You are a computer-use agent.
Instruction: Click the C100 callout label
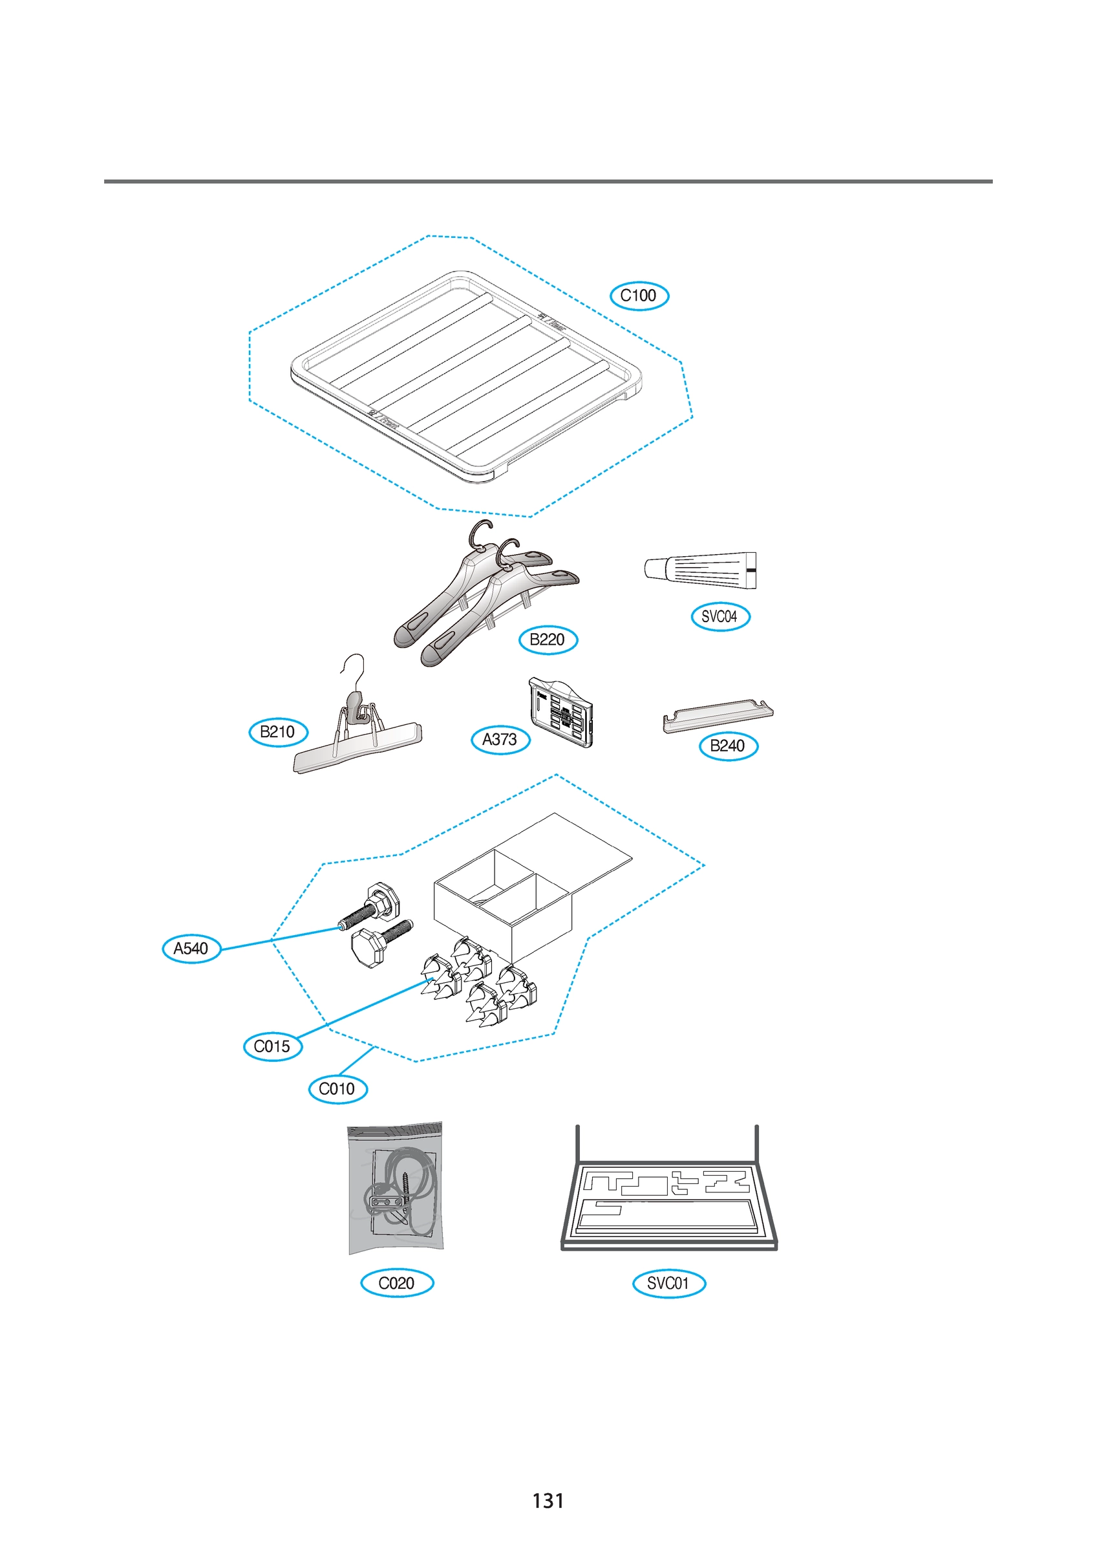639,296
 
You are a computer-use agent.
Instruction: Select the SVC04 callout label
720,616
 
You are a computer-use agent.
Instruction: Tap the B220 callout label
548,640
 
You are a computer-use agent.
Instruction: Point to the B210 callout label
278,731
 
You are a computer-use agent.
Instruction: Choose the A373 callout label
500,740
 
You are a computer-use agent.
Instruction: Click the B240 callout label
728,746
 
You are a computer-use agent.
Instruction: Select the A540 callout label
191,949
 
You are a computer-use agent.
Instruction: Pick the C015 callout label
272,1046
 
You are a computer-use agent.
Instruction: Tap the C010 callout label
337,1089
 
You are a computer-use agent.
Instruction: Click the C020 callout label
397,1283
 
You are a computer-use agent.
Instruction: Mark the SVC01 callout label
668,1283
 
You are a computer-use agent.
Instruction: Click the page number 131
548,1501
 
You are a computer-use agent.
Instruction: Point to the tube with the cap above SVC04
700,568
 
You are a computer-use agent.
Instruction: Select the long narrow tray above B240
717,716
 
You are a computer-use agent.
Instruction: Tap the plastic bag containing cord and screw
396,1188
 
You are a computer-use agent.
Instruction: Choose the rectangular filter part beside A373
561,713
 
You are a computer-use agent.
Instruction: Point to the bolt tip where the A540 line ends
341,927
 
